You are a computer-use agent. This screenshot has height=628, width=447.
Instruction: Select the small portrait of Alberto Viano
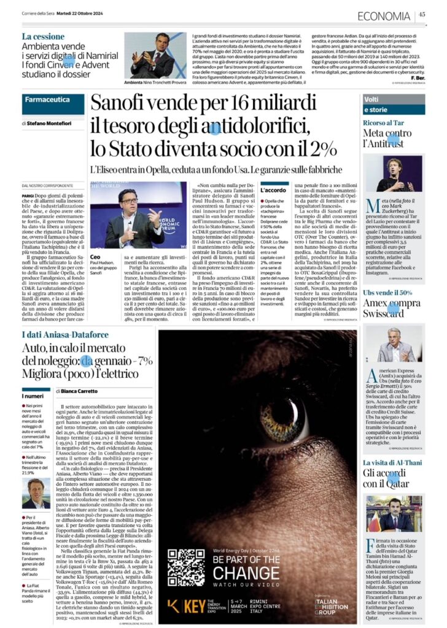[36, 492]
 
